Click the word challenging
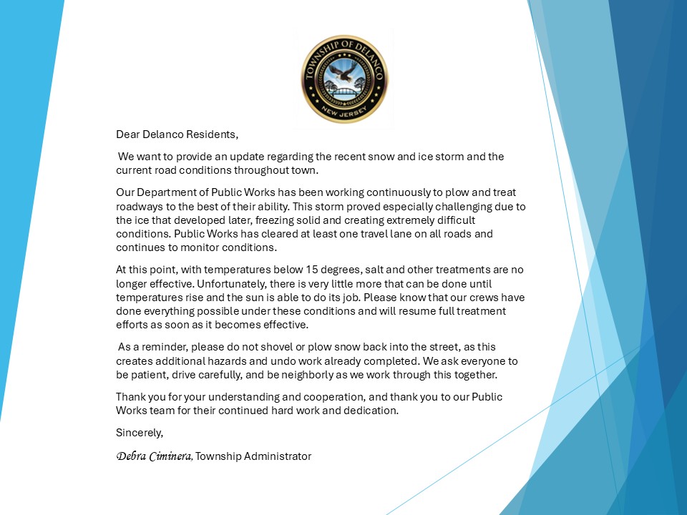coord(402,207)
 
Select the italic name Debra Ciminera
coord(154,456)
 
